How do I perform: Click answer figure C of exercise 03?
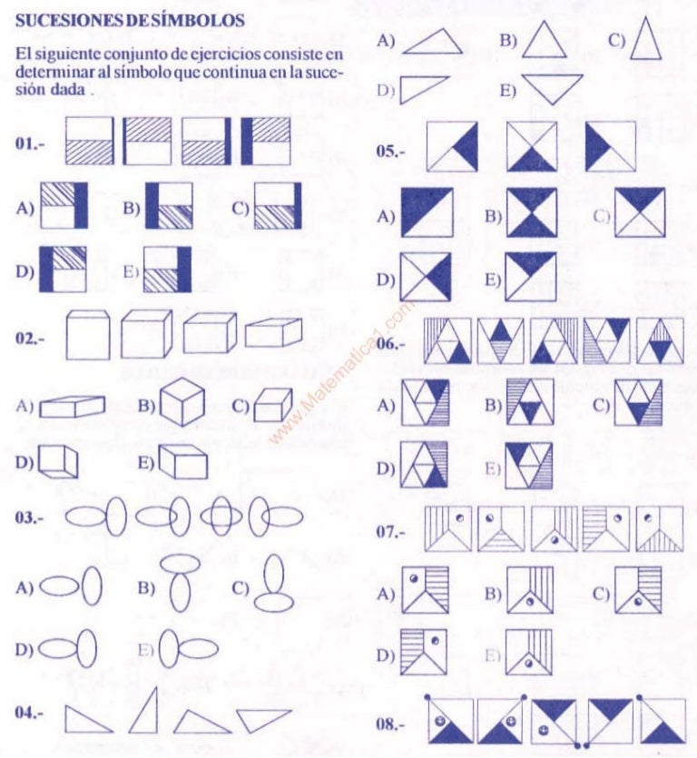271,587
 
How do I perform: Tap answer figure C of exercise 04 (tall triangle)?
646,40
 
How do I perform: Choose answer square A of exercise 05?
425,212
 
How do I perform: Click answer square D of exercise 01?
64,271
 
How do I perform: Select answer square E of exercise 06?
530,467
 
